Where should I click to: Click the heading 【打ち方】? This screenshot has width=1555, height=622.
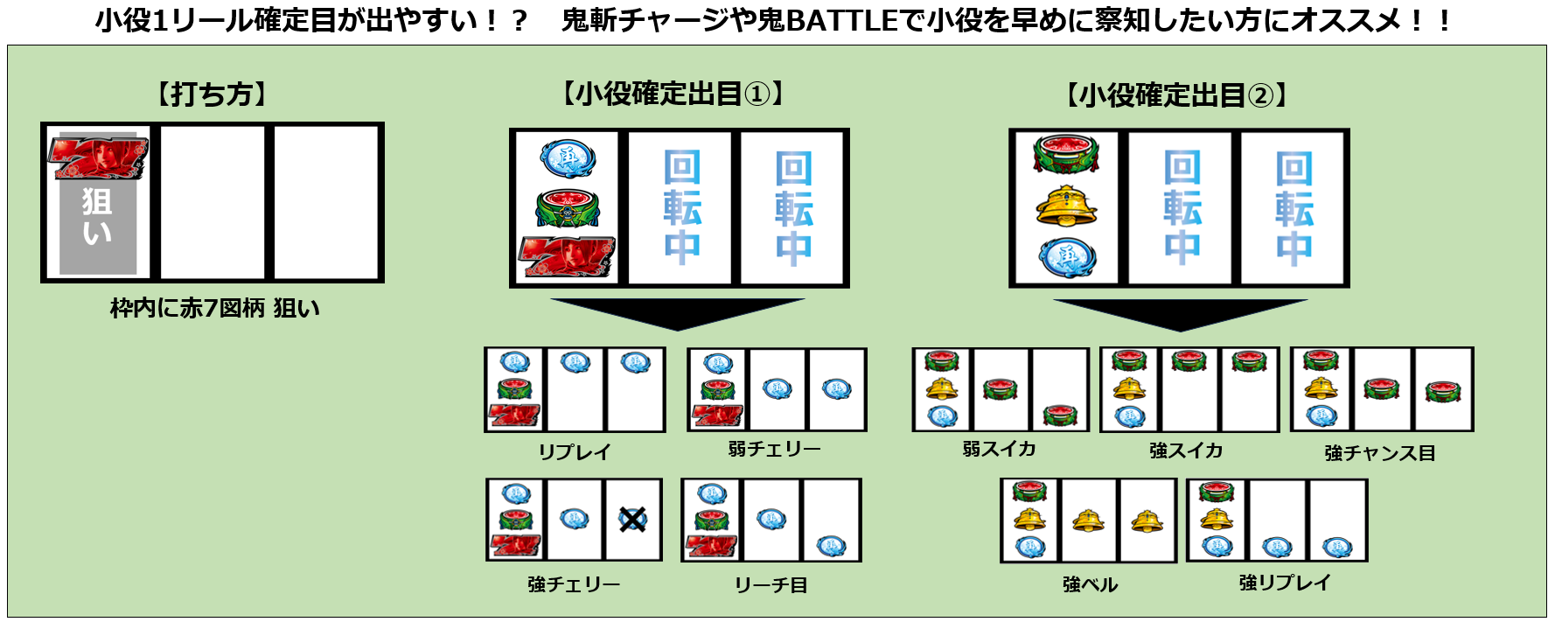coord(212,94)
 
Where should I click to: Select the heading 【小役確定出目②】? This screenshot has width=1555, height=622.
coord(1176,95)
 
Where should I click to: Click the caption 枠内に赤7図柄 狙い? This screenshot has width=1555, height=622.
coord(215,308)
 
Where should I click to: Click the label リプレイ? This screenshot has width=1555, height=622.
coord(574,451)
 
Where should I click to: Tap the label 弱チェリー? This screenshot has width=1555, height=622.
coord(774,449)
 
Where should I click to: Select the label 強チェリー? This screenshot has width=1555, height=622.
coord(574,584)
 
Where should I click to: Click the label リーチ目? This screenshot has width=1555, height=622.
coord(771,584)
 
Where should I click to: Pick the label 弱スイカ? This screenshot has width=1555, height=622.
coord(999,449)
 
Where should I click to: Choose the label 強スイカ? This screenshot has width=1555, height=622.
coord(1186,451)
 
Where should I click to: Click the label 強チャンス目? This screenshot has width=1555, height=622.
coord(1379,453)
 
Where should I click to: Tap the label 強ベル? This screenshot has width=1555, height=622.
coord(1090,584)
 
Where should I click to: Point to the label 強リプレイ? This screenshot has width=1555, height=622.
coord(1284,583)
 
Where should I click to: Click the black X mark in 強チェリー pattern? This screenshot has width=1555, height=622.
coord(632,520)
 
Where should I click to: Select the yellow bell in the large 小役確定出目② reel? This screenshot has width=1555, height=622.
coord(1066,206)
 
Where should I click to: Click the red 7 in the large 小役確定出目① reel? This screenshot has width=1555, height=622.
coord(567,257)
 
